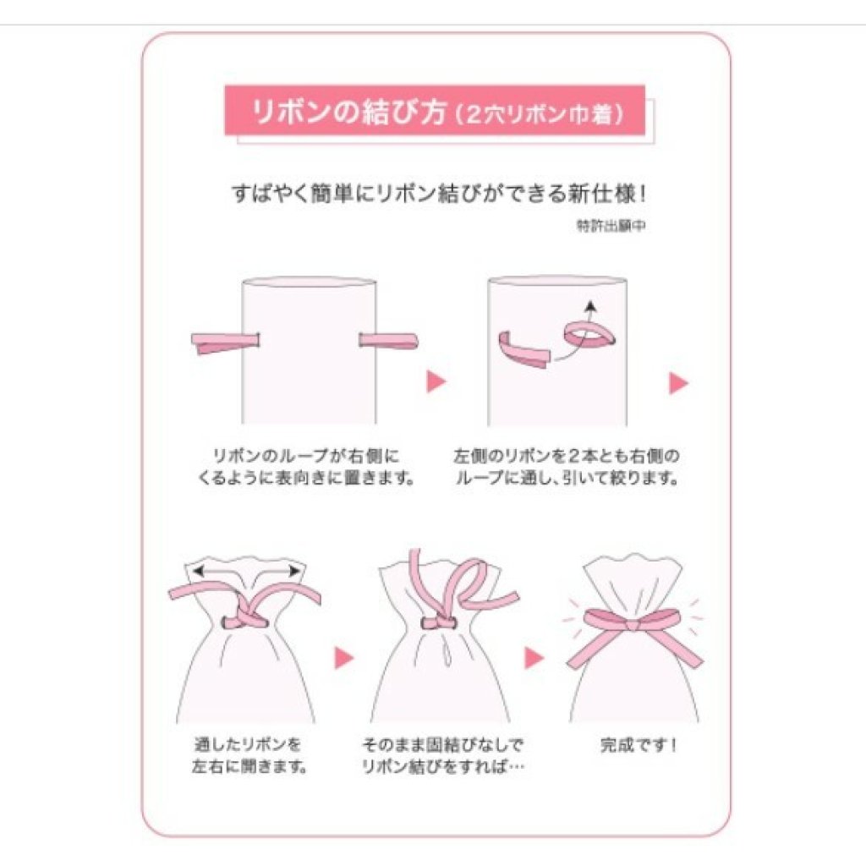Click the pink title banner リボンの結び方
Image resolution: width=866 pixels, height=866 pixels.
pyautogui.click(x=435, y=111)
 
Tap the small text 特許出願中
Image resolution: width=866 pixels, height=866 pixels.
pyautogui.click(x=611, y=225)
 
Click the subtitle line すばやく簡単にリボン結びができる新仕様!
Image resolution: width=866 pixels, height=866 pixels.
pyautogui.click(x=439, y=194)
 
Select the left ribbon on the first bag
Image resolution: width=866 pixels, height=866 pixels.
pyautogui.click(x=225, y=343)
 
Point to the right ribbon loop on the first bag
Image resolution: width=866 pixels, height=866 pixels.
pyautogui.click(x=389, y=341)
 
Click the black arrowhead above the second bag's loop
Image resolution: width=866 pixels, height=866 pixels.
pyautogui.click(x=591, y=304)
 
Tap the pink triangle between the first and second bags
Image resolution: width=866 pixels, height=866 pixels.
pyautogui.click(x=436, y=381)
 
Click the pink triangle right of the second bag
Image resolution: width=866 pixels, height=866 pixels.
pyautogui.click(x=678, y=383)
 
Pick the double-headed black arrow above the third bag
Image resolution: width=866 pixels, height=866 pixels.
pyautogui.click(x=246, y=571)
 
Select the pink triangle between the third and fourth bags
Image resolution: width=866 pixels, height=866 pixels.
pyautogui.click(x=343, y=657)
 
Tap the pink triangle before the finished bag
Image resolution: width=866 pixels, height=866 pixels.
pyautogui.click(x=534, y=657)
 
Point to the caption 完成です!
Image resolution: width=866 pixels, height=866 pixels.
pyautogui.click(x=638, y=746)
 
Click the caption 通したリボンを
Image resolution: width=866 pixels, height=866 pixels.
pyautogui.click(x=248, y=744)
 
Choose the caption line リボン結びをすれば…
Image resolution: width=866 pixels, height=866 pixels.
pyautogui.click(x=443, y=766)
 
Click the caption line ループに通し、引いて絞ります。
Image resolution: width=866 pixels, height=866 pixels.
pyautogui.click(x=567, y=478)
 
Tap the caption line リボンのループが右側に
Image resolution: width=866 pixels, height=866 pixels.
pyautogui.click(x=305, y=456)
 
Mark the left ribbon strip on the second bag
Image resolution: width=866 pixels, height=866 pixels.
pyautogui.click(x=523, y=350)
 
